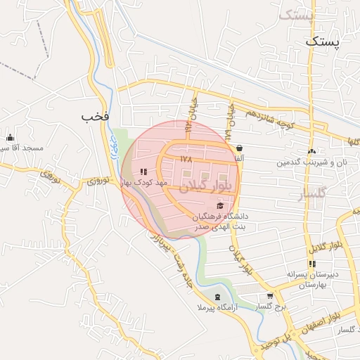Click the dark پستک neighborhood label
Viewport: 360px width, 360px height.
322,42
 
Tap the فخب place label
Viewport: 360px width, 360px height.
96,116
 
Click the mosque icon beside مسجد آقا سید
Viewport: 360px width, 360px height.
11,138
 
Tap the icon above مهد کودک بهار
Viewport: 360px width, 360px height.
143,171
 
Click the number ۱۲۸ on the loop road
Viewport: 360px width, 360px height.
186,159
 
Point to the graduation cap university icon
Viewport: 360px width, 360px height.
221,205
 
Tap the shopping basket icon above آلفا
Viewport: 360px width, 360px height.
240,148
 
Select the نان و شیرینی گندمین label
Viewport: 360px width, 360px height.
311,162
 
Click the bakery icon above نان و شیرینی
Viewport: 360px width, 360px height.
311,151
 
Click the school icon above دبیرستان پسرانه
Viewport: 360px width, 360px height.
312,264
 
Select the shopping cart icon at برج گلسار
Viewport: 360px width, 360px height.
271,296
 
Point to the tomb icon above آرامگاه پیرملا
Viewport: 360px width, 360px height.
217,297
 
